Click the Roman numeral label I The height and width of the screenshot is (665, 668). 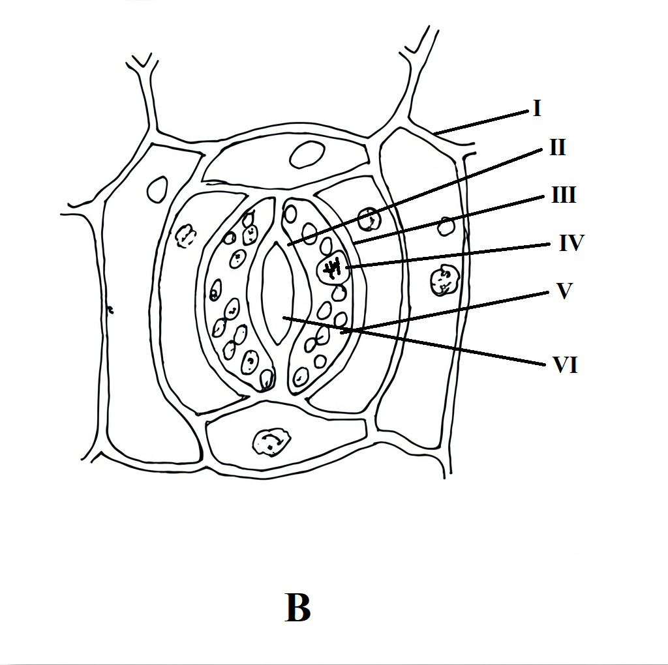click(537, 108)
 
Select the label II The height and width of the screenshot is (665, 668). click(556, 148)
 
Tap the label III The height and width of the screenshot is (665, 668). click(563, 195)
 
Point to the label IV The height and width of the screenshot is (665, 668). click(571, 244)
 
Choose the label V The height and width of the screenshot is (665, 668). click(564, 291)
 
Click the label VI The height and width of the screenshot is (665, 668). click(565, 366)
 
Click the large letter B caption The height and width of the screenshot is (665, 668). click(297, 608)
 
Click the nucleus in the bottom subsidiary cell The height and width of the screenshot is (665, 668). click(271, 441)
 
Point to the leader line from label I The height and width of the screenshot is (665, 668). click(483, 123)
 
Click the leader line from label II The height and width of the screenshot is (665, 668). click(417, 196)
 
